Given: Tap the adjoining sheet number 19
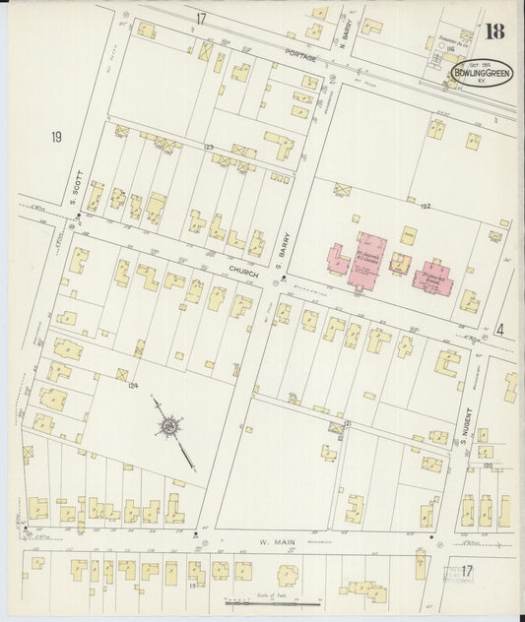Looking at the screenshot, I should point(56,137).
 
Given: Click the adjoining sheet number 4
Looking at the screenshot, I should point(499,331).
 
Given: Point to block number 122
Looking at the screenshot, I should point(427,205).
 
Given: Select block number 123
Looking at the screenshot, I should point(209,148).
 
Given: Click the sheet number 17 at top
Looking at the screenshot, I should point(201,19).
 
